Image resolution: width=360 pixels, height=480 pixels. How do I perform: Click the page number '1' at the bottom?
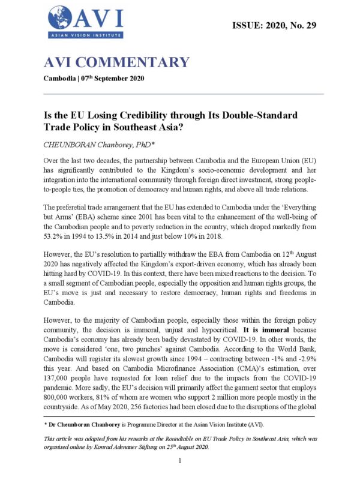(x=180, y=460)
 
